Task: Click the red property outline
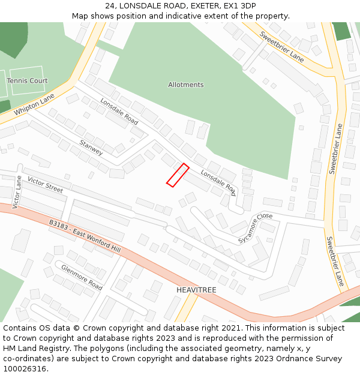coord(178,175)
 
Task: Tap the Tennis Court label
coord(27,80)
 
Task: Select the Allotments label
coord(185,85)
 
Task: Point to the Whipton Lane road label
coord(34,104)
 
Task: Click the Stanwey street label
coord(91,148)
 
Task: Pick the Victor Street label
coord(45,185)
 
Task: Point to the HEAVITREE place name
coord(196,290)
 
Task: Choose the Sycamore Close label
coord(255,228)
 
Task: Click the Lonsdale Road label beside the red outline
coord(218,182)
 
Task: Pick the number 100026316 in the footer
coord(25,369)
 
